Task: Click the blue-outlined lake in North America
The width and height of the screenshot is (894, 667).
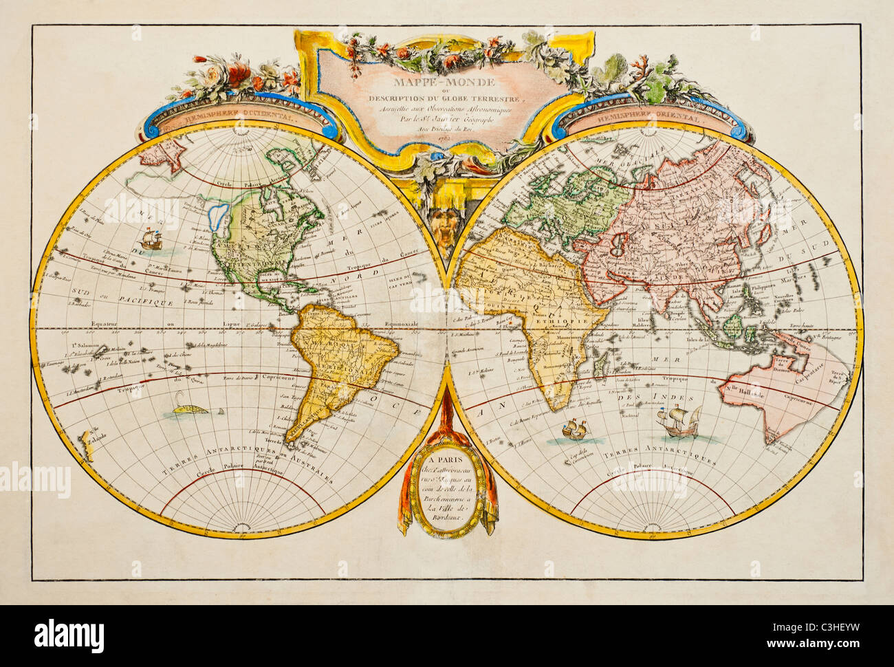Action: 219,218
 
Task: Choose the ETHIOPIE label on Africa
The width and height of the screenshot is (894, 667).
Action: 567,321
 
